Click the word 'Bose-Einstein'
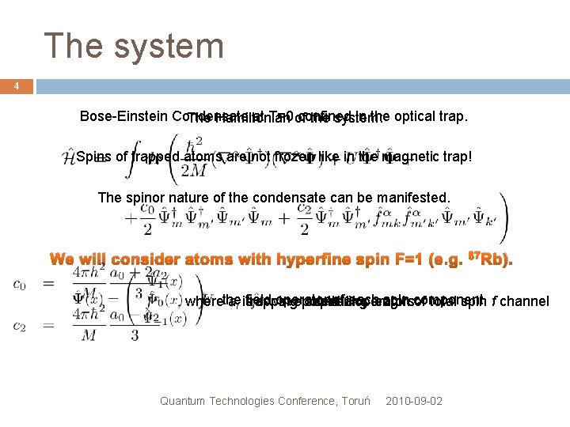coord(124,115)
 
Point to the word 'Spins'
coord(94,157)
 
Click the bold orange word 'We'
coord(66,260)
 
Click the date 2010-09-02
coord(414,401)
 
